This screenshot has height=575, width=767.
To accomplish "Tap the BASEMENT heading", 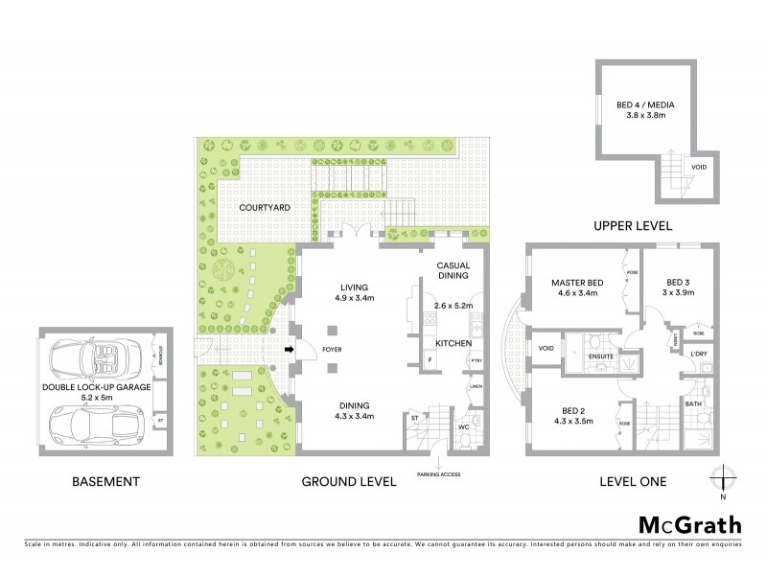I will pos(105,482).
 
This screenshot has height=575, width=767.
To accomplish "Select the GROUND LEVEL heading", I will pos(349,482).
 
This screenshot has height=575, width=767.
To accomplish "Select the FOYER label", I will pos(332,350).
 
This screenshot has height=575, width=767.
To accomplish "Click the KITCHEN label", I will pos(453,342).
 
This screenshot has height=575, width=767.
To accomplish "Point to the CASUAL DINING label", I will pos(453,270).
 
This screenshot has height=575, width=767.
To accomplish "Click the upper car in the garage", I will pos(95,358).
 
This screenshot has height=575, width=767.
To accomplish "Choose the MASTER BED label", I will pos(575,283).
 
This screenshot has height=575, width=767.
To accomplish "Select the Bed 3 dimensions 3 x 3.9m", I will pos(679,293).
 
